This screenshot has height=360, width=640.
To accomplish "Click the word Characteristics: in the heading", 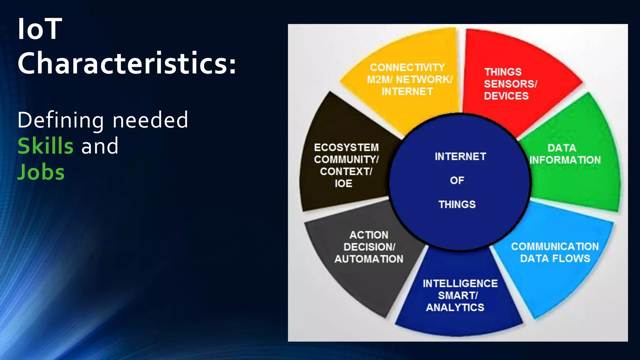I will pyautogui.click(x=127, y=63).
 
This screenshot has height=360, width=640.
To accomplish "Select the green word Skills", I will pyautogui.click(x=46, y=146).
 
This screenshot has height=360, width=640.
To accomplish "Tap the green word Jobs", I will pyautogui.click(x=41, y=172).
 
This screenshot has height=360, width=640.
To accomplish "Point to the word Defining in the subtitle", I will pyautogui.click(x=61, y=120).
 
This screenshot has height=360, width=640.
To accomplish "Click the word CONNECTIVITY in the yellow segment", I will pyautogui.click(x=407, y=67).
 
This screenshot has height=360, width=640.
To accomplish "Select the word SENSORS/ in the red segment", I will pyautogui.click(x=510, y=84).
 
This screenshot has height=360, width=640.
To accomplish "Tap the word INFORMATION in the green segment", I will pyautogui.click(x=565, y=160).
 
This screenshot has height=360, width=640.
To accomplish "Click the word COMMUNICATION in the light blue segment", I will pyautogui.click(x=555, y=247).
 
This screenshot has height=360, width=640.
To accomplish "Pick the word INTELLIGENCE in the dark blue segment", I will pyautogui.click(x=460, y=283).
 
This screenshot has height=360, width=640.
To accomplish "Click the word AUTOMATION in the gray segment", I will pyautogui.click(x=369, y=259).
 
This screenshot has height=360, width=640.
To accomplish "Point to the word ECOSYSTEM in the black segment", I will pyautogui.click(x=346, y=147).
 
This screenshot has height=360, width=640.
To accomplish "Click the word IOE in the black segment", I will pyautogui.click(x=343, y=183).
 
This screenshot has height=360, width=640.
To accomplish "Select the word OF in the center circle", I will pyautogui.click(x=457, y=180).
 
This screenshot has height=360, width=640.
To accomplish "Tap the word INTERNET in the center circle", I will pyautogui.click(x=460, y=157).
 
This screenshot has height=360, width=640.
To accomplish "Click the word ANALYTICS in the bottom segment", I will pyautogui.click(x=455, y=307).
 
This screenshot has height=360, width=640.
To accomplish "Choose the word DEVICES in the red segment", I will pyautogui.click(x=506, y=96).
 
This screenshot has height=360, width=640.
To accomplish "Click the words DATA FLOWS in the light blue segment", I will pyautogui.click(x=555, y=258).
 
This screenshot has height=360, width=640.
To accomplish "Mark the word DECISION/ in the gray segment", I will pyautogui.click(x=369, y=247).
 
